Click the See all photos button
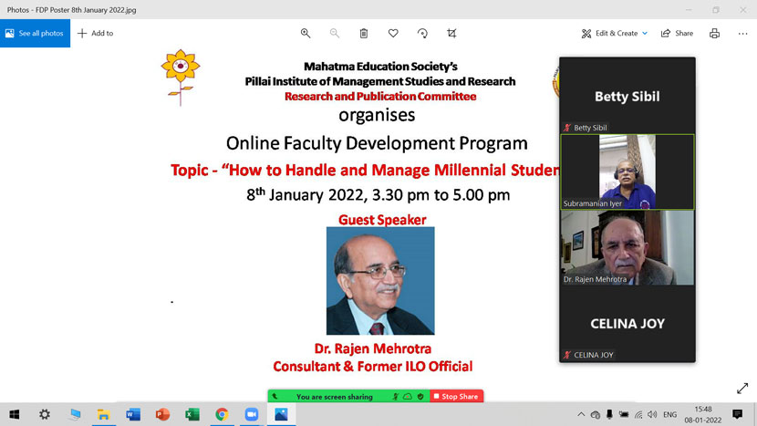tap(35, 34)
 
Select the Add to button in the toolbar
tap(95, 34)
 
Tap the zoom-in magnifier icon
tap(306, 34)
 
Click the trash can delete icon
tap(364, 34)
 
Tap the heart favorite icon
tap(393, 34)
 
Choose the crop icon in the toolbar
tap(451, 34)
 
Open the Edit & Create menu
tap(615, 34)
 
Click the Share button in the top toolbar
tap(677, 34)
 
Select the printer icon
tap(714, 34)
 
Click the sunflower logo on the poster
tap(180, 73)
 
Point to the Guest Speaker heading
tap(382, 220)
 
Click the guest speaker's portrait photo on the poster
tap(380, 281)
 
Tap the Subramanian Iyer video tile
tap(627, 171)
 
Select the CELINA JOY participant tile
tap(627, 324)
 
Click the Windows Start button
tap(15, 414)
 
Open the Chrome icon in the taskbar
tap(222, 414)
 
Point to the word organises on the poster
tap(377, 116)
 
